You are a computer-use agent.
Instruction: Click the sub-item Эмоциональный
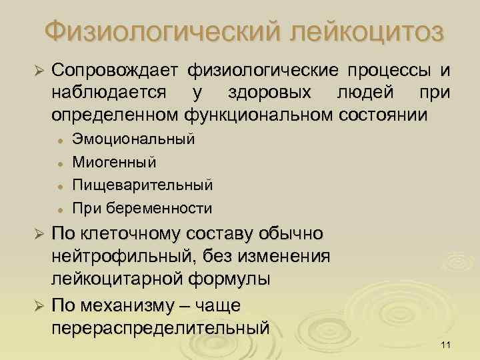pos(133,140)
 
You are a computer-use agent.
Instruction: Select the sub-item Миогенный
pos(115,162)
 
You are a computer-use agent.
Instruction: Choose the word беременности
pos(166,207)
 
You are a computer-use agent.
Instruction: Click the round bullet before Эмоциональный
pos(60,141)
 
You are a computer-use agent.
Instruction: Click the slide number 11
pos(447,345)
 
